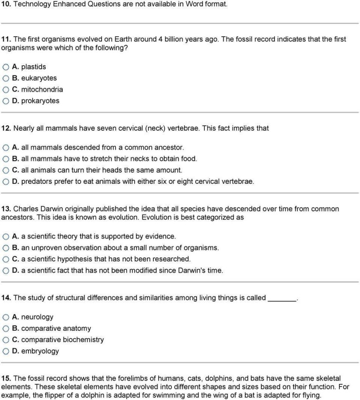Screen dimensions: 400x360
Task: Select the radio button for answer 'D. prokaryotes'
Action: (x=6, y=101)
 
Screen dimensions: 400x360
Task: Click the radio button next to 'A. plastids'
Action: (x=6, y=67)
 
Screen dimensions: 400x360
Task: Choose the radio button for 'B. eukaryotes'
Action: (x=6, y=78)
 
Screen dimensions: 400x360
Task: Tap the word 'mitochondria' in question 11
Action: (x=42, y=89)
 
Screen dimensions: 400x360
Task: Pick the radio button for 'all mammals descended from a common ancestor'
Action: (x=6, y=148)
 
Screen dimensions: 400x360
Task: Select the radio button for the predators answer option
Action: (x=6, y=181)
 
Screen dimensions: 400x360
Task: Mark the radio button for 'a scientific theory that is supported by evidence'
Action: (x=6, y=237)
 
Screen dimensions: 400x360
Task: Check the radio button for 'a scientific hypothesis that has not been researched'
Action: (x=6, y=259)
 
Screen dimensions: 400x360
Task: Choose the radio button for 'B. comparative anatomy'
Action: (x=6, y=329)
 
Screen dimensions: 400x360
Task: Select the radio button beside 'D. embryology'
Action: (x=6, y=351)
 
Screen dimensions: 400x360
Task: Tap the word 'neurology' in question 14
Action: (x=37, y=317)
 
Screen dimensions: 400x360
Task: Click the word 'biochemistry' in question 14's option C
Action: (x=84, y=340)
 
